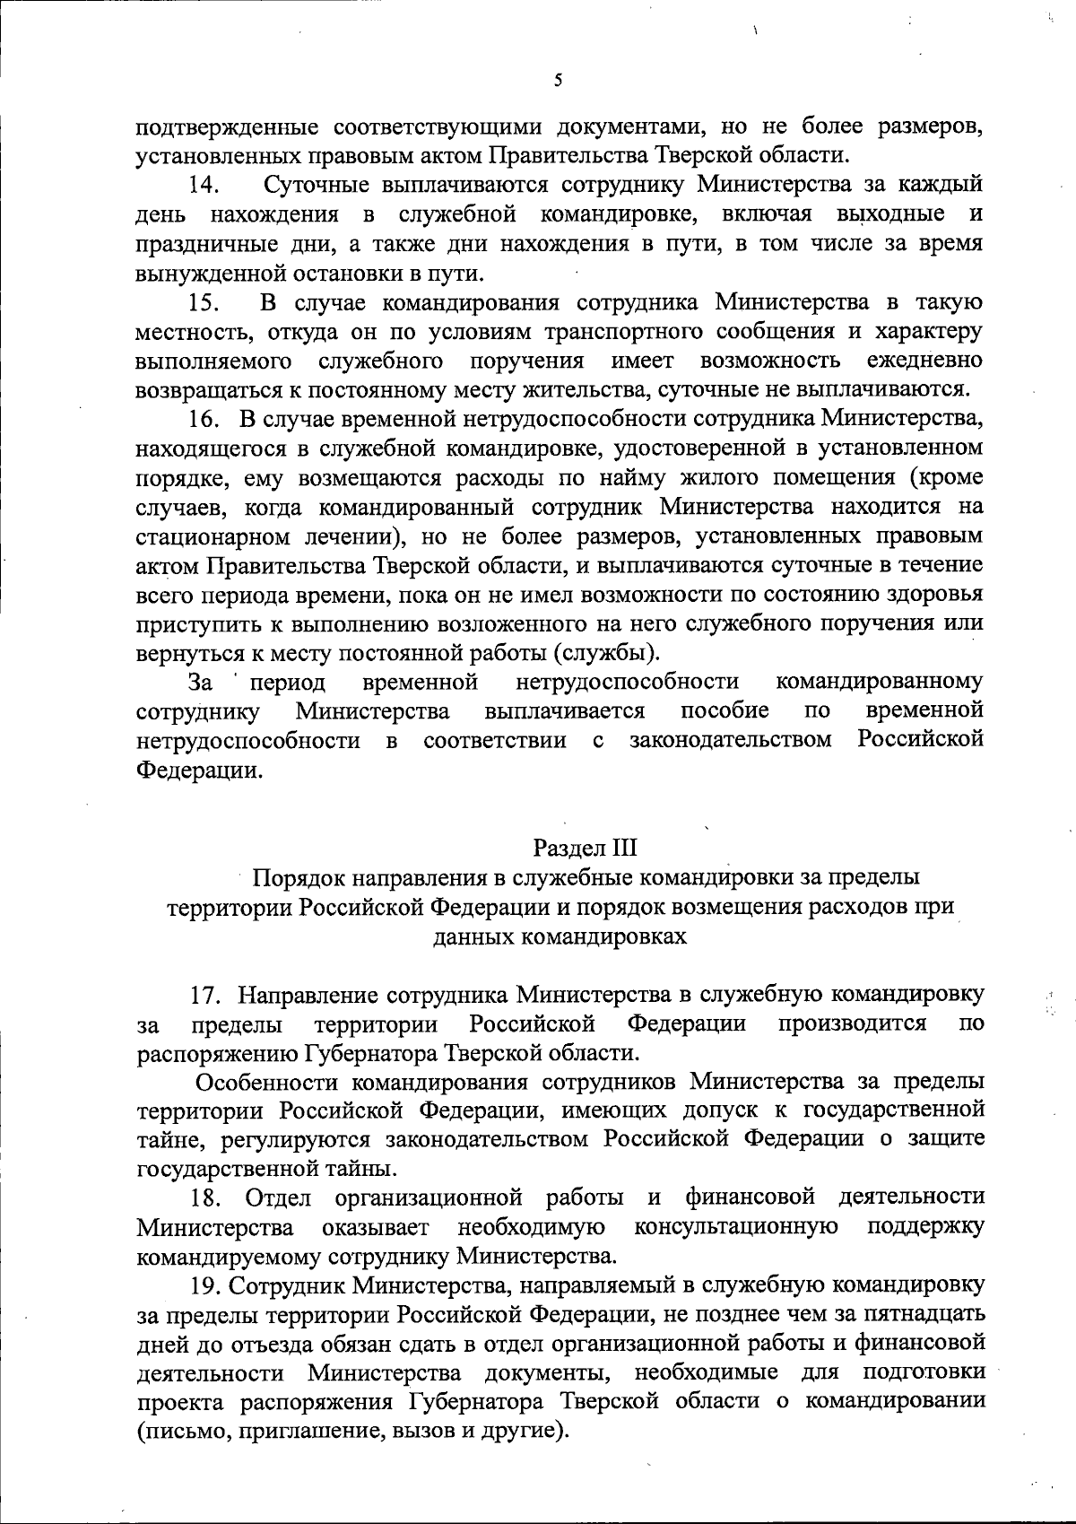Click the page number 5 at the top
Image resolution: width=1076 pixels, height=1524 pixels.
[558, 81]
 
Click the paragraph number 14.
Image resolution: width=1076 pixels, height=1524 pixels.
[204, 186]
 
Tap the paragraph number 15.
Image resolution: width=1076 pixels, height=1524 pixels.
[204, 302]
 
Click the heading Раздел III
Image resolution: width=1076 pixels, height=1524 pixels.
[584, 848]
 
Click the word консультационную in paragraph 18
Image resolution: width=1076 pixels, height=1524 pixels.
[736, 1226]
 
